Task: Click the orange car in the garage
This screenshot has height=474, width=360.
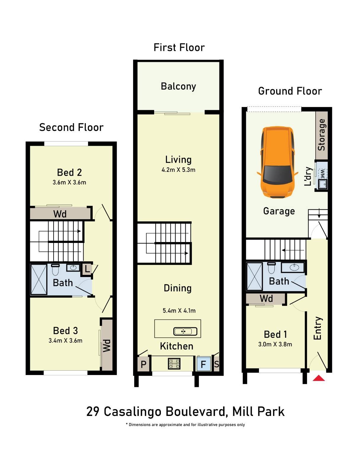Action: coord(277,162)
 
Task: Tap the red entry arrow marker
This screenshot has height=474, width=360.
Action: coord(319,378)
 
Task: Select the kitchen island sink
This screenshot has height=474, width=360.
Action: coord(185,331)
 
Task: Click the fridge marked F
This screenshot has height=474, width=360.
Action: coord(203,364)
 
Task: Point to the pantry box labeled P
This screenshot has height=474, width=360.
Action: coord(143,364)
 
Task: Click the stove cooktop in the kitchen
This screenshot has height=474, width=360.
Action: coord(174,363)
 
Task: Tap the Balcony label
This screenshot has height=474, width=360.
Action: coord(178,86)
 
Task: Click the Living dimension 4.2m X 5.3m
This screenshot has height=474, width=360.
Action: coord(178,170)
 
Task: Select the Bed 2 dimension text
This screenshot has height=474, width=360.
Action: coord(69,182)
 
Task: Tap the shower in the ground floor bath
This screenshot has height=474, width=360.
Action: coord(255,276)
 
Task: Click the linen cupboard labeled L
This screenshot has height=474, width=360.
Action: coord(87,269)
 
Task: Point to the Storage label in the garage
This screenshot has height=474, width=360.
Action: coord(321,135)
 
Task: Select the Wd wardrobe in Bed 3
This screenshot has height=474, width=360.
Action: coord(107,345)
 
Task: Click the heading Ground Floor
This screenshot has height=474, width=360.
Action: coord(290,91)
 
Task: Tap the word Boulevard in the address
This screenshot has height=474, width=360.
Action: coord(196,411)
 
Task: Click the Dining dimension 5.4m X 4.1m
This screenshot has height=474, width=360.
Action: coord(179,310)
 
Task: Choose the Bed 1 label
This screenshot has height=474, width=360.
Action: coord(275,334)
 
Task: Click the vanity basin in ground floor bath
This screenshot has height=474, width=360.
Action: coord(294,268)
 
